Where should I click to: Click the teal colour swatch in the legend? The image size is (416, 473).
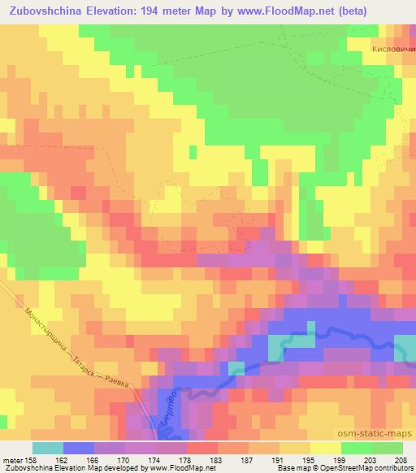(47, 448)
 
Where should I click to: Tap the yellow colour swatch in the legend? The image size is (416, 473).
(325, 448)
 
